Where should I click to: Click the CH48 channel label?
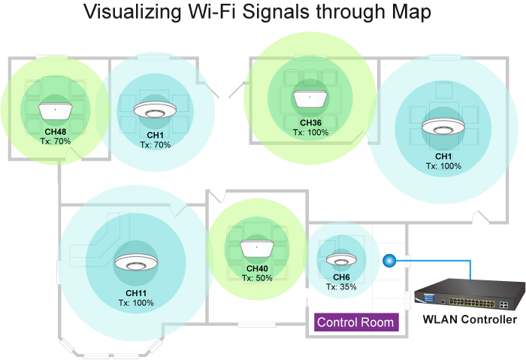pos(55,132)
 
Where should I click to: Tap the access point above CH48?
pos(55,110)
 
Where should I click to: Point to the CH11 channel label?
pos(136,293)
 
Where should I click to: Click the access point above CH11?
pos(136,264)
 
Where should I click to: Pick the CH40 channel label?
pos(257,268)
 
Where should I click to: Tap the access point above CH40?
pos(257,248)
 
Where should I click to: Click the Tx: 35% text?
pos(341,287)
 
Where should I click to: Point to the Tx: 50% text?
pos(257,277)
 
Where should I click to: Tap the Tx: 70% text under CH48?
pos(55,141)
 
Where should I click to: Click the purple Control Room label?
pos(355,322)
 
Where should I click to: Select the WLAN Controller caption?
pos(470,320)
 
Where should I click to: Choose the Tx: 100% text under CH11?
pos(136,303)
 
